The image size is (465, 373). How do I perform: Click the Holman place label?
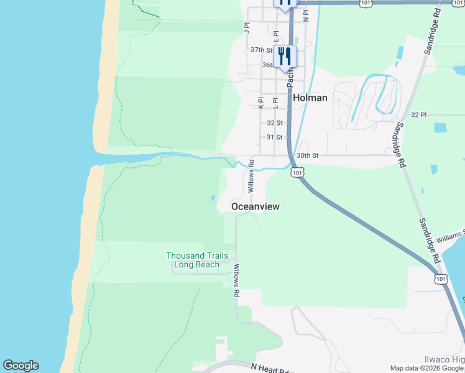pos(310,98)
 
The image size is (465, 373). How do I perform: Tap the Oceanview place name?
pos(255,206)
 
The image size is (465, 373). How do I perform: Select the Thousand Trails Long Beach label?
pos(196,260)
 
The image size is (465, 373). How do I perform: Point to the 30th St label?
pos(307,155)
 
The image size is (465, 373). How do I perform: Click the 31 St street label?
pos(274,137)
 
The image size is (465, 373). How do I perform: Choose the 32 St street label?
pos(274,123)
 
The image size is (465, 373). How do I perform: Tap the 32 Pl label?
pos(419,115)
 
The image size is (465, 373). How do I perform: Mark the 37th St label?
pos(261,50)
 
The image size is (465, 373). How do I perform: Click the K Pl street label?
pos(261,103)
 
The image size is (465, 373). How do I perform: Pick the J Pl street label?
pos(247,27)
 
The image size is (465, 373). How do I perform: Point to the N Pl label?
pos(306,16)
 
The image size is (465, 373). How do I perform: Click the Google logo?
pos(21,366)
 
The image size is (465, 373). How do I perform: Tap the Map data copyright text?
pos(426,368)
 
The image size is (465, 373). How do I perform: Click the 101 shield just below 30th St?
pos(297,172)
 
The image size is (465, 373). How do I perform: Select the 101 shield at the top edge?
pos(366,4)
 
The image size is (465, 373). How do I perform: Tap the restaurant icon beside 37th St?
pos(285,55)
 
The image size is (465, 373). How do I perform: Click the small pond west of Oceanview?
pos(213,198)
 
